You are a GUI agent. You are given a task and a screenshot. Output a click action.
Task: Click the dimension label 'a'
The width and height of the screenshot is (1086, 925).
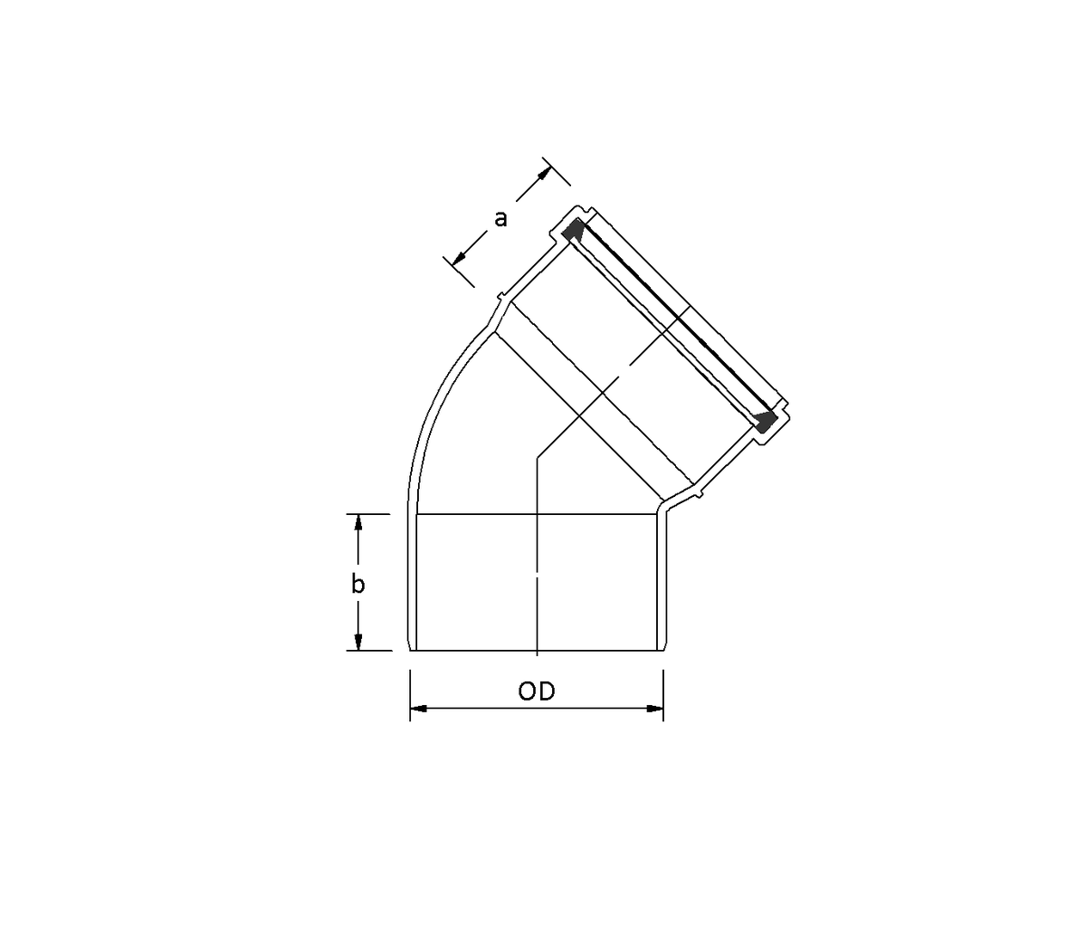coord(500,218)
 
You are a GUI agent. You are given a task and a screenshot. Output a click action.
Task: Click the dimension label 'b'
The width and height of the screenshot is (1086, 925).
coord(357,584)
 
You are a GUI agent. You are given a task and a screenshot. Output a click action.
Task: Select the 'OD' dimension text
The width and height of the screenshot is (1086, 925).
coord(537,691)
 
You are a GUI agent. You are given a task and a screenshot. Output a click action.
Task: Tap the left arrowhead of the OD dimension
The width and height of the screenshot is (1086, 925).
coord(419,709)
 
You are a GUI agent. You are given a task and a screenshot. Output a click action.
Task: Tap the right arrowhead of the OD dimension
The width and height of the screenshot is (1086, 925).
coord(654,709)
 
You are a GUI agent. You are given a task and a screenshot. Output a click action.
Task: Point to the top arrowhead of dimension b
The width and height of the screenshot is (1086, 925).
coord(358,523)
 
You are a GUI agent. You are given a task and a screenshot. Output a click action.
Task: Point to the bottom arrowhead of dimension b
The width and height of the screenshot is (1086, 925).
coord(358,642)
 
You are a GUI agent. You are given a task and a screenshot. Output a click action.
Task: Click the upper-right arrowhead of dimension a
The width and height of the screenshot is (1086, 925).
coord(545,174)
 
